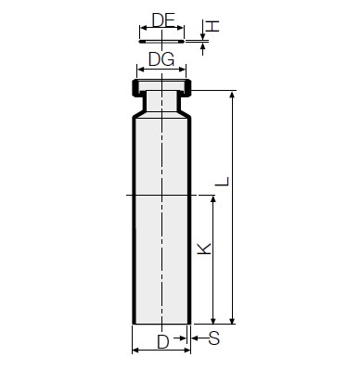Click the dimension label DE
[163, 20]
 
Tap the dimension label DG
[161, 59]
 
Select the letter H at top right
[212, 26]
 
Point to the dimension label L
[223, 181]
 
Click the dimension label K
[204, 249]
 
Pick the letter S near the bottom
[214, 338]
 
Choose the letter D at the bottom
[163, 342]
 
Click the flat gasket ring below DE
[161, 42]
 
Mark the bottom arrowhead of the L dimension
[232, 320]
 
